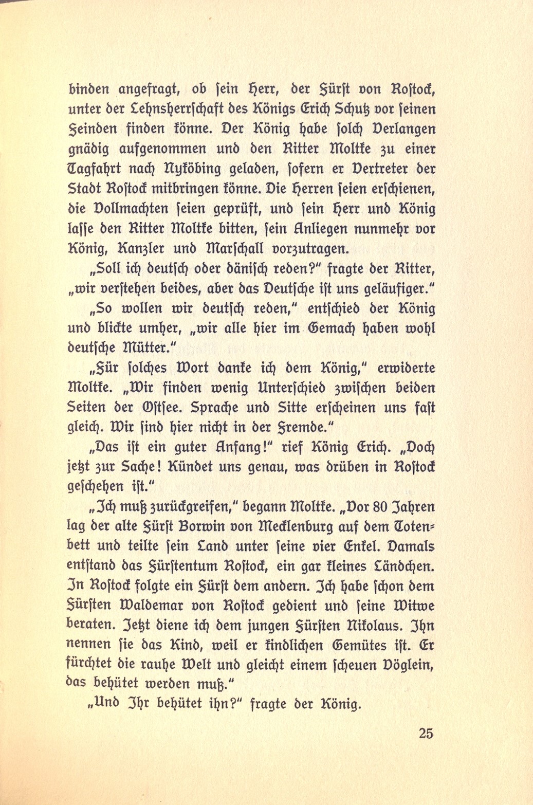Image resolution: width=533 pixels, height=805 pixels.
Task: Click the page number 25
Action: (426, 734)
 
